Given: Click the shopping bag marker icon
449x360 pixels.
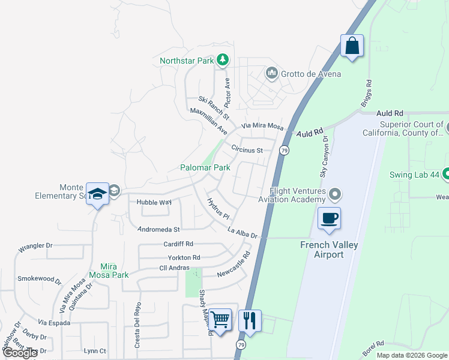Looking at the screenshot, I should coord(352,46).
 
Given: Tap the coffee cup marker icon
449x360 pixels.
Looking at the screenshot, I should coord(329,218).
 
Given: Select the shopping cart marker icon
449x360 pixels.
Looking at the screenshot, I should coord(220,320).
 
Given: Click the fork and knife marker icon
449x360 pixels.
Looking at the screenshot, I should coord(250,320).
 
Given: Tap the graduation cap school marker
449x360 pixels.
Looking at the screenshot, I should coord(97,194).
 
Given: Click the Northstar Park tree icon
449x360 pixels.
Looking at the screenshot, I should coord(223,59).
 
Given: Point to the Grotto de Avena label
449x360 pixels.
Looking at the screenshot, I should coord(311,74).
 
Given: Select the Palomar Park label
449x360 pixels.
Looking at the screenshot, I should coord(205,168).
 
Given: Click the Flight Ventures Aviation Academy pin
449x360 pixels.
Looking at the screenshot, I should coord(335,194).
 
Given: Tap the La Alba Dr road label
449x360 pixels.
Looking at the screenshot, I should coord(242,233).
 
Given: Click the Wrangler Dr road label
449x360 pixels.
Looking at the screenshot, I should coord(35,246).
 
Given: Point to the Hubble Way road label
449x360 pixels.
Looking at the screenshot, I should coord(154,203).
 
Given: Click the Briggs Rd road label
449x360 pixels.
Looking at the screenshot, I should coord(366,94).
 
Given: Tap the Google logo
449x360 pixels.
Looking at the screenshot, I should coord(20,353).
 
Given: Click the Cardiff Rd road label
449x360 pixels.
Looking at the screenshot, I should coord(178,244).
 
